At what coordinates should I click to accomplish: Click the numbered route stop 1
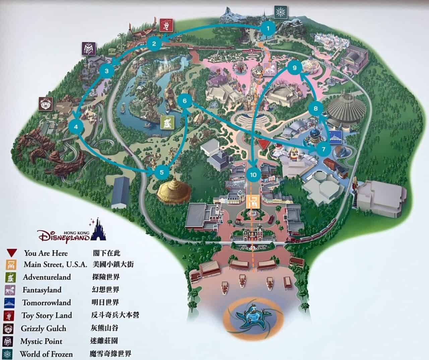(x=267, y=28)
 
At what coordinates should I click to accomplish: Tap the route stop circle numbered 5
(x=162, y=172)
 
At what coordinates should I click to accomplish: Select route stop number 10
(x=253, y=174)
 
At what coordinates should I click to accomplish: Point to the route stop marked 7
(x=323, y=149)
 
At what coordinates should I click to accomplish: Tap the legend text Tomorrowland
(x=47, y=303)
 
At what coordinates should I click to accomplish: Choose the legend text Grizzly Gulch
(x=43, y=328)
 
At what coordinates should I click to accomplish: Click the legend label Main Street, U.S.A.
(x=56, y=264)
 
